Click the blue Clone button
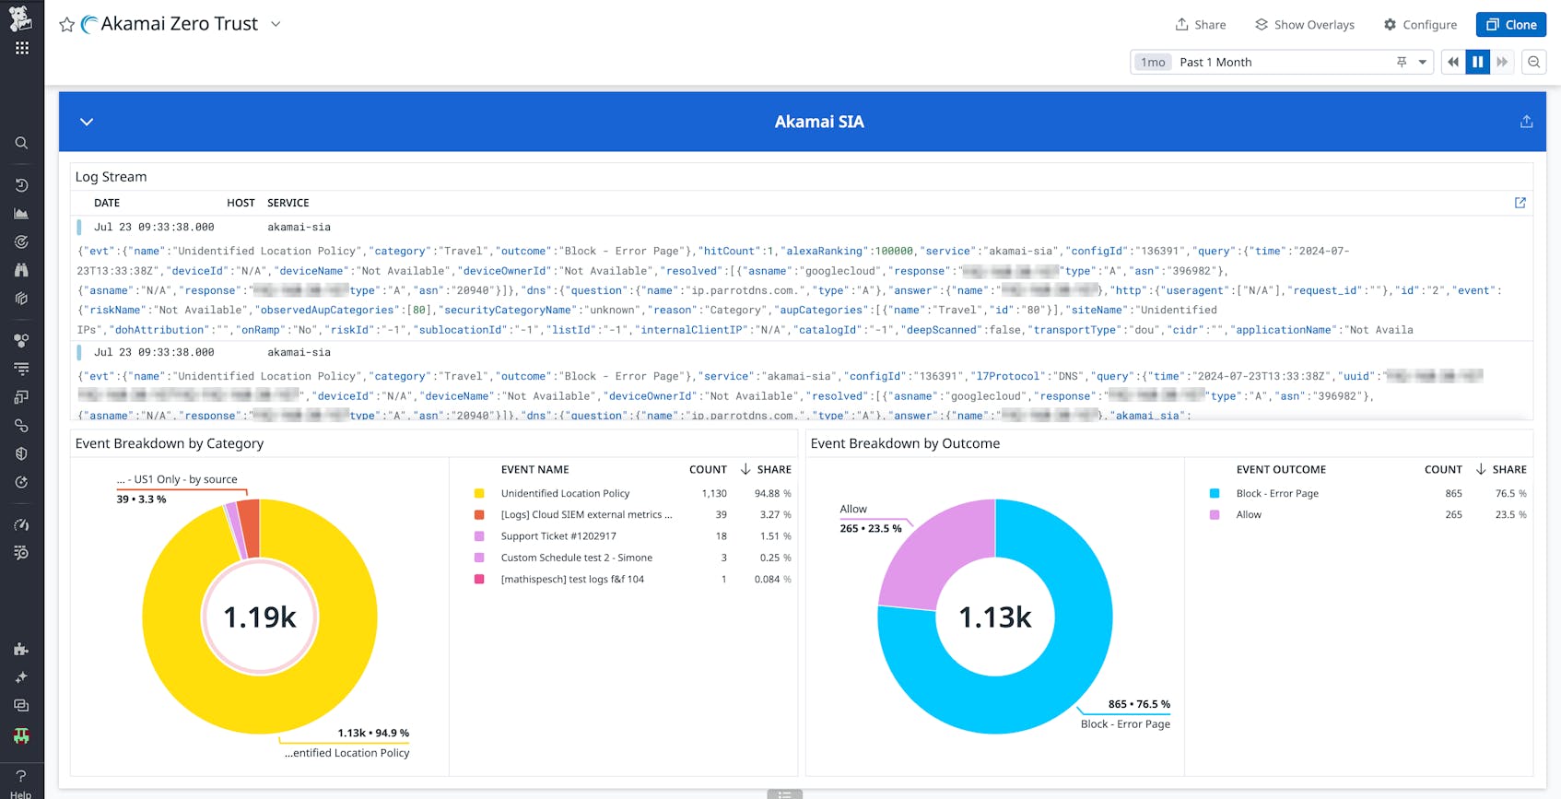pyautogui.click(x=1510, y=25)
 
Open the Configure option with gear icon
pyautogui.click(x=1420, y=25)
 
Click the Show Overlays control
pyautogui.click(x=1305, y=25)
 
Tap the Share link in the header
pyautogui.click(x=1201, y=25)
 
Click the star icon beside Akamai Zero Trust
pyautogui.click(x=66, y=25)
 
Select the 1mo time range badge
pyautogui.click(x=1153, y=62)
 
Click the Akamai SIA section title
pyautogui.click(x=818, y=122)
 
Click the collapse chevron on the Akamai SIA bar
pyautogui.click(x=87, y=122)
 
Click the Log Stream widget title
pyautogui.click(x=111, y=177)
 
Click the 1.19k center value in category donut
pyautogui.click(x=260, y=617)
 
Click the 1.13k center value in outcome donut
pyautogui.click(x=995, y=617)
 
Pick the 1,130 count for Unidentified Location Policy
pyautogui.click(x=714, y=494)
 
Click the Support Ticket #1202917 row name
pyautogui.click(x=558, y=536)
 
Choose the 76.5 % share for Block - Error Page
pyautogui.click(x=1509, y=494)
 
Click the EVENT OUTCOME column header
pyautogui.click(x=1281, y=469)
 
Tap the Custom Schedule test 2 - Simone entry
pyautogui.click(x=576, y=558)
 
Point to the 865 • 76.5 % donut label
pyautogui.click(x=1139, y=704)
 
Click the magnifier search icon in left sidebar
pyautogui.click(x=21, y=143)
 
